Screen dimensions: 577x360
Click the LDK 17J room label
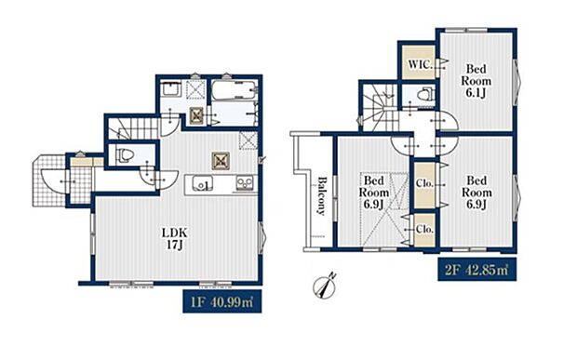pos(175,239)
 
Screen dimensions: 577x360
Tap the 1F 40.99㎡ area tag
pos(222,301)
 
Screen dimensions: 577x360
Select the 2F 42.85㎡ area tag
pos(476,270)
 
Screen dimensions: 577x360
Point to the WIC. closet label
pos(421,65)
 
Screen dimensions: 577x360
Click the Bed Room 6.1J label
pos(476,81)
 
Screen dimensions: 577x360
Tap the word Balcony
pos(322,196)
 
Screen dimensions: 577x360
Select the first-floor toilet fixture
pos(124,155)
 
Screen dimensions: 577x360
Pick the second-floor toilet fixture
pos(425,95)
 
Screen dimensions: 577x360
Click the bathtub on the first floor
pos(234,89)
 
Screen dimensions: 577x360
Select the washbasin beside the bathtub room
pos(170,89)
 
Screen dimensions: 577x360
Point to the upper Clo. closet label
pos(424,183)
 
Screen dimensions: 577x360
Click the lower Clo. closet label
pos(424,229)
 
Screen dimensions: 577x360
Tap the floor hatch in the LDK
pos(221,161)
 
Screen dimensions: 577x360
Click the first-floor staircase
pos(134,128)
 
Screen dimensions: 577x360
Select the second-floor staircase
pos(380,107)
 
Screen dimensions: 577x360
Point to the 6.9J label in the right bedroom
pos(476,205)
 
